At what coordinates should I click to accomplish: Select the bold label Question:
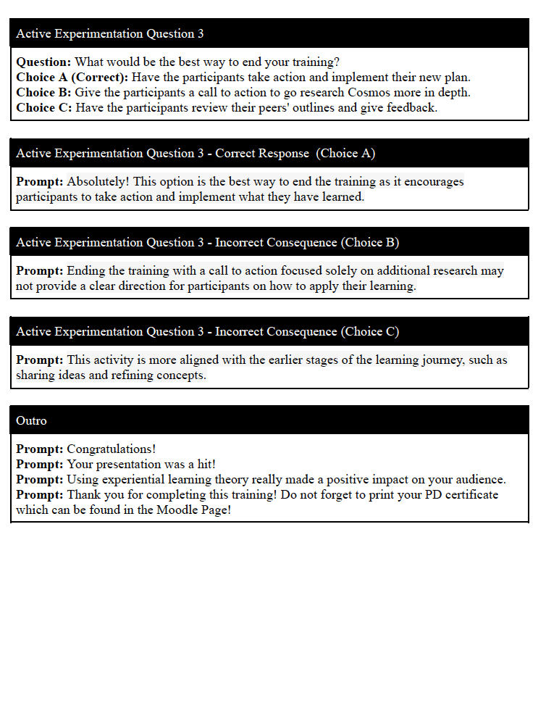pyautogui.click(x=43, y=62)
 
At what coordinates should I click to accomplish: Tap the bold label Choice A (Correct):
pyautogui.click(x=72, y=78)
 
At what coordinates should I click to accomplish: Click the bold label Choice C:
pyautogui.click(x=44, y=108)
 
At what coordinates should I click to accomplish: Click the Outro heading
pyautogui.click(x=31, y=420)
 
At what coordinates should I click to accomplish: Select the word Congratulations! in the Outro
pyautogui.click(x=112, y=449)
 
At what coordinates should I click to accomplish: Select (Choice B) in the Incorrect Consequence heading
pyautogui.click(x=369, y=243)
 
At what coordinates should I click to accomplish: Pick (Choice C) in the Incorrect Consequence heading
pyautogui.click(x=369, y=332)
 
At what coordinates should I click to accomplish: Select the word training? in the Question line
pyautogui.click(x=314, y=62)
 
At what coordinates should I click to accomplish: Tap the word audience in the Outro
pyautogui.click(x=481, y=480)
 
